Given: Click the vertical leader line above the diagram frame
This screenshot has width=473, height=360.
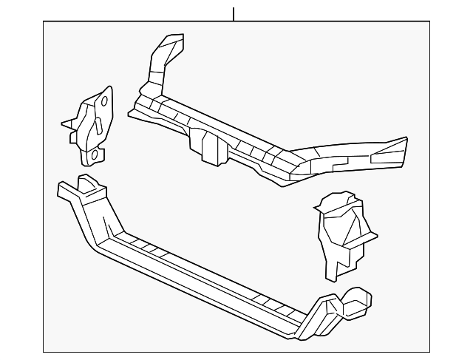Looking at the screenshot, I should [234, 14].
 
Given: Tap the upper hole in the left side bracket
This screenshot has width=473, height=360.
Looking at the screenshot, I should [104, 101].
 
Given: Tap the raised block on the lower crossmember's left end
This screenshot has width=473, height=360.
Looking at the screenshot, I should [87, 184].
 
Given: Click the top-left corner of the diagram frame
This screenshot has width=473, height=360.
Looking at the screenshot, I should [43, 21].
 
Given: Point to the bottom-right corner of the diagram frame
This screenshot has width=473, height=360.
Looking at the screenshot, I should [429, 352].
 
